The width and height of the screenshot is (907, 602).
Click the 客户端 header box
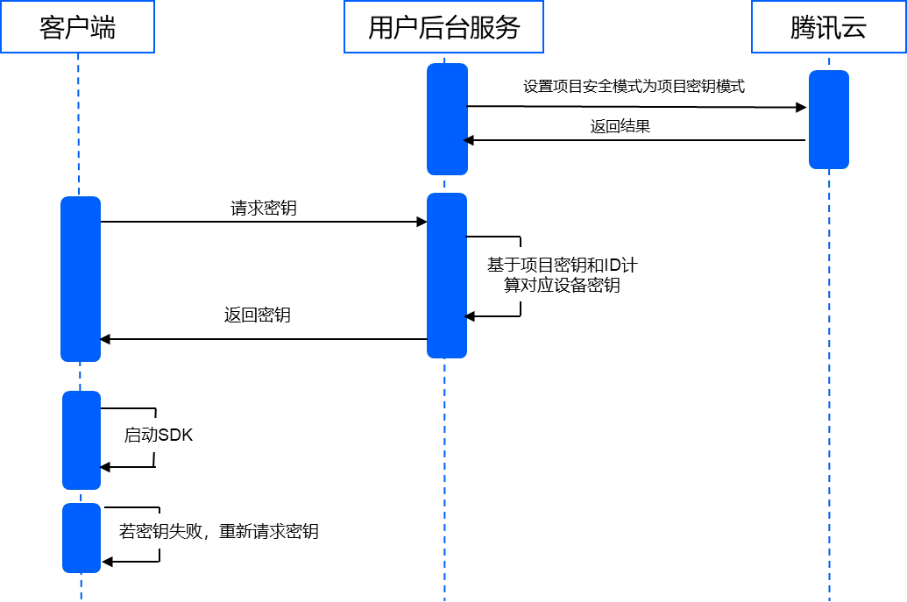coord(77,27)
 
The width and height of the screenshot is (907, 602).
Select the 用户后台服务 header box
coord(443,27)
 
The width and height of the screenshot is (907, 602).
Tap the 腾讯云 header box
coord(828,27)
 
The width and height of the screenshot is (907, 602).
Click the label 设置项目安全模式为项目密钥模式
coord(634,87)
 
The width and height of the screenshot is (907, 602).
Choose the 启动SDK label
coord(158,435)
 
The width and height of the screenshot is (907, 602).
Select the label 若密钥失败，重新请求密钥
coord(218,530)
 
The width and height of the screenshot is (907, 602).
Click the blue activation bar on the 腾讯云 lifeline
coord(828,119)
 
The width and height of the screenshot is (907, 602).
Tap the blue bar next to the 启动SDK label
coord(81,440)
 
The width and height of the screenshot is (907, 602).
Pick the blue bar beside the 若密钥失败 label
coord(81,538)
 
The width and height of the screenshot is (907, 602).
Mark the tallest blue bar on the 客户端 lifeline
coord(81,279)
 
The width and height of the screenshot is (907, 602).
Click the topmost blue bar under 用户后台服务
coord(447,119)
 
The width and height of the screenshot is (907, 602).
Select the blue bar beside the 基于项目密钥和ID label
coord(447,275)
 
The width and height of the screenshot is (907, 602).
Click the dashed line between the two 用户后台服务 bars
coord(444,184)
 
